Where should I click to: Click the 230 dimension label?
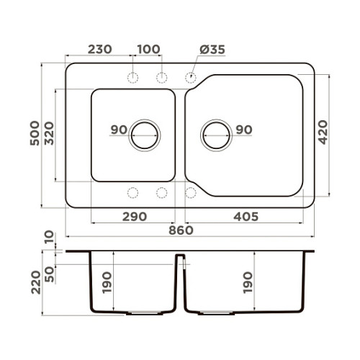click(100, 50)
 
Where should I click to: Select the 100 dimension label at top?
click(148, 50)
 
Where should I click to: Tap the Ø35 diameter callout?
click(212, 50)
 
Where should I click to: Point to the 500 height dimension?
click(35, 133)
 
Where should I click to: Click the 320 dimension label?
click(50, 133)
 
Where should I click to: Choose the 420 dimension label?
click(323, 132)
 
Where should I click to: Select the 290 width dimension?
click(135, 217)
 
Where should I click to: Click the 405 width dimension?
click(246, 217)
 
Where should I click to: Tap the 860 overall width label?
click(181, 230)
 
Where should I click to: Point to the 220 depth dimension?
click(36, 282)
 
